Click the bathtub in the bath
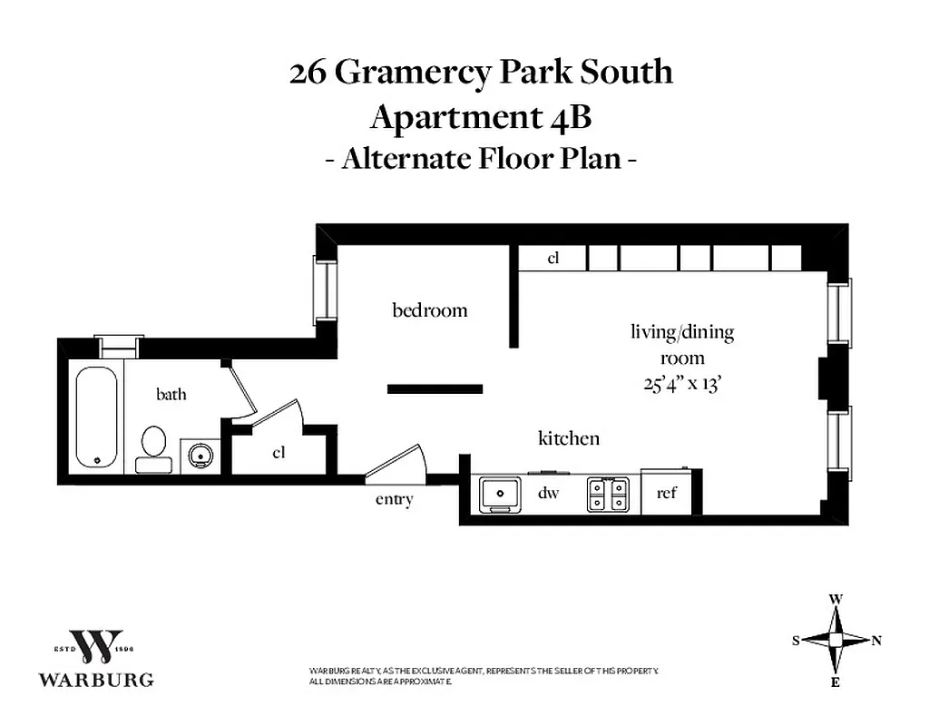tap(96, 417)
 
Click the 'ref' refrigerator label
tap(667, 494)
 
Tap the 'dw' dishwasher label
tap(547, 495)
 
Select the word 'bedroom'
tap(430, 310)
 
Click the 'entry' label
tap(395, 499)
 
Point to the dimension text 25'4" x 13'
tap(681, 383)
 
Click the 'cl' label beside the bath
tap(279, 452)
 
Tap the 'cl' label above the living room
tap(553, 259)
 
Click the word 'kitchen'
tap(569, 438)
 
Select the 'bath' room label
tap(171, 394)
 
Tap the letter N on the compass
tap(876, 641)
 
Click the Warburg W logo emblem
tap(95, 646)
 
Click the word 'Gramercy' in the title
tap(419, 73)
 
